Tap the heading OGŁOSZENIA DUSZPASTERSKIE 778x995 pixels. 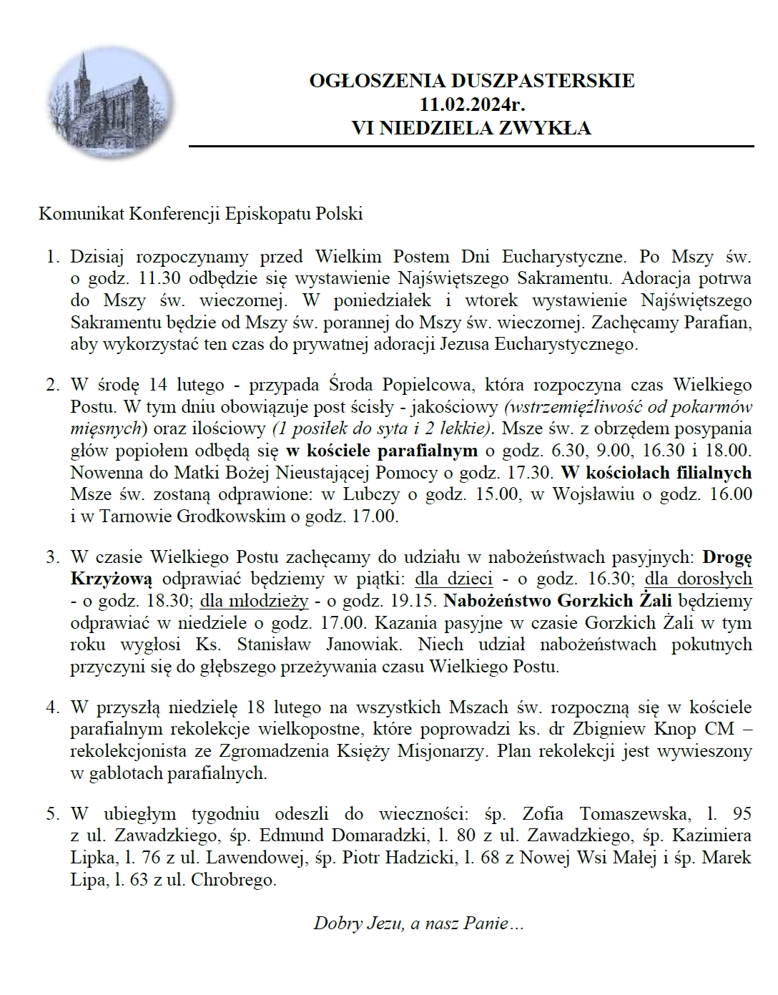coord(471,81)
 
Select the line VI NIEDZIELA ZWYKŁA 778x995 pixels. coord(471,128)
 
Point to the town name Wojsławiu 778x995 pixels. coord(590,494)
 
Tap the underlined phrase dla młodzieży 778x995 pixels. coord(254,599)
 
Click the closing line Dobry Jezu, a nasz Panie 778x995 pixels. coord(419,923)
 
